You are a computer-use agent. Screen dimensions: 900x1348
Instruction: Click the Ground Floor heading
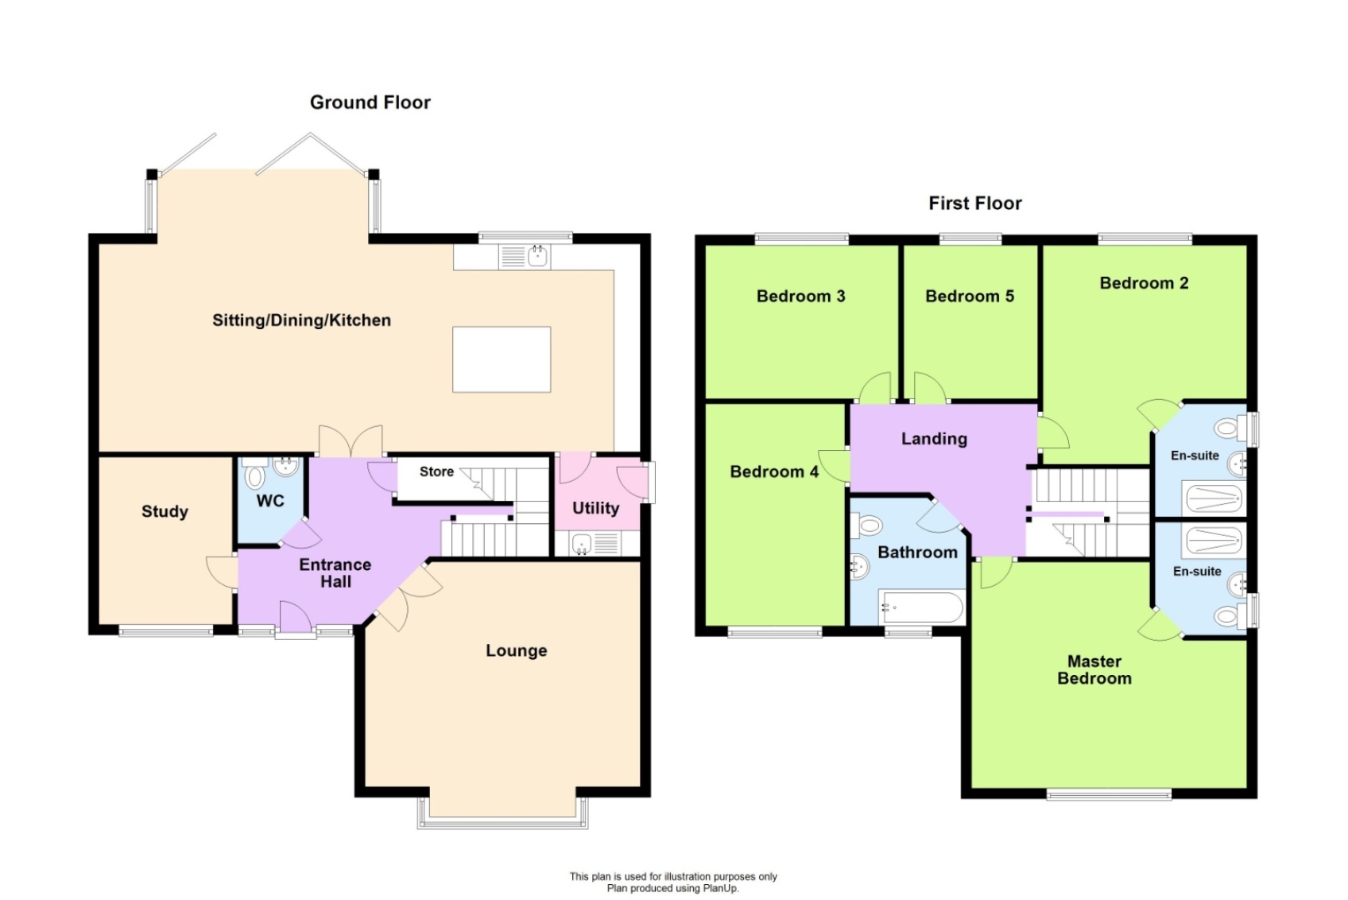tap(370, 103)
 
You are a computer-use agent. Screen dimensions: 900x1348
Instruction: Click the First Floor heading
tap(974, 204)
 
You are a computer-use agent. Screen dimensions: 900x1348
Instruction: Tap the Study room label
tap(165, 511)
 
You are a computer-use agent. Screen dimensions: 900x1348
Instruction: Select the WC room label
tap(270, 501)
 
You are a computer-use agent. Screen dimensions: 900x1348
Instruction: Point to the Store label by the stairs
tap(436, 471)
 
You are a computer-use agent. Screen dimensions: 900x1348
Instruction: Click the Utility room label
tap(595, 508)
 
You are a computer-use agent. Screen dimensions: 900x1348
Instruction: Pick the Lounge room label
tap(516, 650)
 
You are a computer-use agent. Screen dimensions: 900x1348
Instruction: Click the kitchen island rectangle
tap(502, 359)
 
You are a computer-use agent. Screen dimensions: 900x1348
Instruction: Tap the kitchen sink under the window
tap(537, 256)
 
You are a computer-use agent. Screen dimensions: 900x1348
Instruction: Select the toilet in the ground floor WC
tap(255, 476)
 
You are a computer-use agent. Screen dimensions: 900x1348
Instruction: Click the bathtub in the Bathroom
tap(921, 608)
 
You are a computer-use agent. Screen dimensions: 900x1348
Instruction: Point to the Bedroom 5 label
tap(969, 297)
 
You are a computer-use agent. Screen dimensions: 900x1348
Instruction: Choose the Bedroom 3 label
tap(800, 297)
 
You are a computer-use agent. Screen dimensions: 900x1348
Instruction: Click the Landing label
tap(934, 439)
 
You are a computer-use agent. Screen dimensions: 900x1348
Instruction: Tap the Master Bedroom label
tap(1094, 669)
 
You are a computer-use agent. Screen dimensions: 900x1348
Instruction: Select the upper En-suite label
tap(1194, 456)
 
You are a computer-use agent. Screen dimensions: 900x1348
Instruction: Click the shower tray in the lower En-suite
tap(1213, 540)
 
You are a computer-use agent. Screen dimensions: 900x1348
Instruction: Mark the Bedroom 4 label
tap(773, 472)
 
